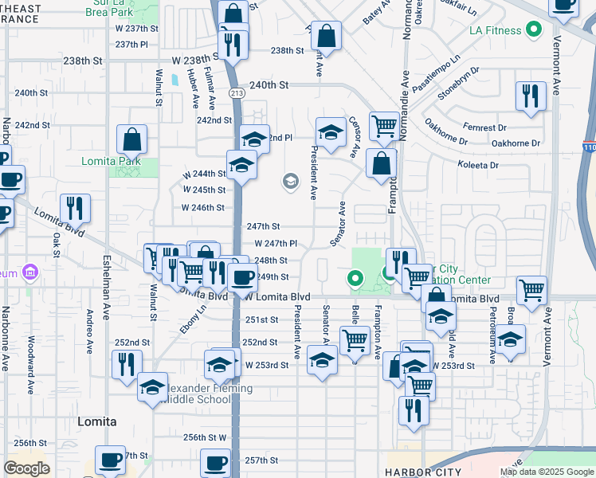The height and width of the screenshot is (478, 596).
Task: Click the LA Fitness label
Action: pos(496,31)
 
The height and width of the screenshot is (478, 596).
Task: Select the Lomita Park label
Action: pos(110,160)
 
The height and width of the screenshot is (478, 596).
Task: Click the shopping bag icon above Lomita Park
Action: pos(131,140)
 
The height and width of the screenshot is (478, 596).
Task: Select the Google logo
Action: pos(26,468)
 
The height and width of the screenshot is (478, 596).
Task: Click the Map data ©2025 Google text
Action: pos(546,472)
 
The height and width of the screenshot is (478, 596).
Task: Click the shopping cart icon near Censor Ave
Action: pos(384,125)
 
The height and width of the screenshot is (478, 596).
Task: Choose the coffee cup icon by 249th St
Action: pos(241,278)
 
